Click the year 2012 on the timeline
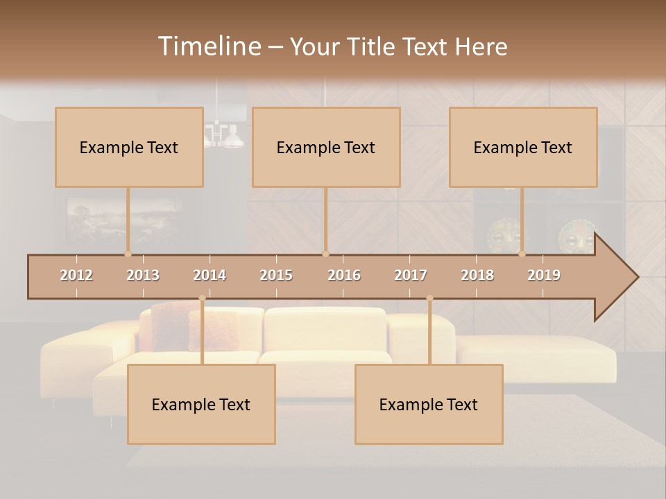76,275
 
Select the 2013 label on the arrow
143,275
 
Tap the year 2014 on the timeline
210,275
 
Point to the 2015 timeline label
276,275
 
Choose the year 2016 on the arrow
344,275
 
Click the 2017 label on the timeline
411,275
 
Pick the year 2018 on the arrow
477,275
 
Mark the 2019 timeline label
544,275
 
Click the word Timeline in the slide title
209,46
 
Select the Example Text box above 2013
129,147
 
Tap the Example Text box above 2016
326,147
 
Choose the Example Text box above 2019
523,147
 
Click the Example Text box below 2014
201,404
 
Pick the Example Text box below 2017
429,404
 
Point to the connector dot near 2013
128,254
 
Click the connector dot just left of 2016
325,254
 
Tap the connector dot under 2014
202,298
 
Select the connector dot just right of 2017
429,298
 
